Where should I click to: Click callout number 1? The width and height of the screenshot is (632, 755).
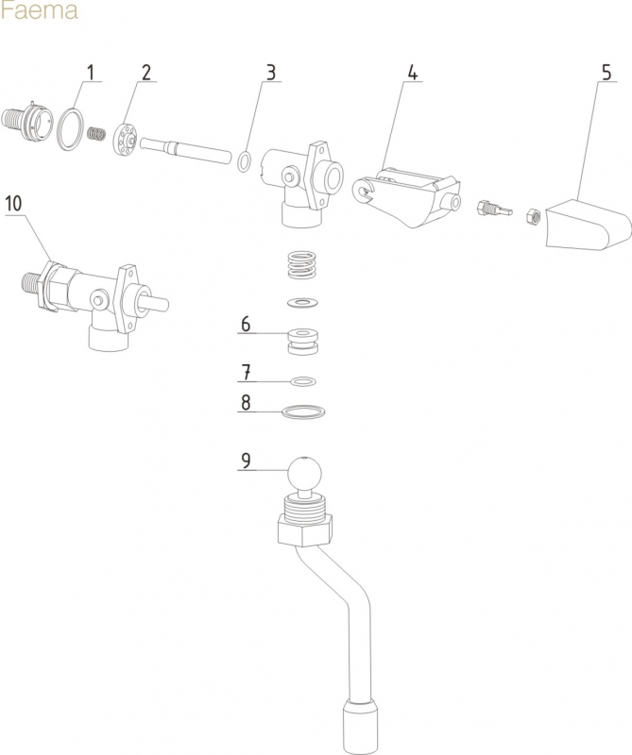(x=92, y=73)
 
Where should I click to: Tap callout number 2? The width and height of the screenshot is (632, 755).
(x=146, y=73)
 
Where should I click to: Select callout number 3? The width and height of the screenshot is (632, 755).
(x=271, y=73)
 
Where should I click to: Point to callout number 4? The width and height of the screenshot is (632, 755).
(x=413, y=73)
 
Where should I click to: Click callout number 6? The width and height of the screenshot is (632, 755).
(x=246, y=325)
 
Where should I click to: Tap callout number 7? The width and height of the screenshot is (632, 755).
(x=246, y=370)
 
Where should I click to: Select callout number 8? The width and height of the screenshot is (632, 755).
(x=246, y=402)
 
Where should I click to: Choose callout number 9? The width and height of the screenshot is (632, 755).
(x=246, y=461)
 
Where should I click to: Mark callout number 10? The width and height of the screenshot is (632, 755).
(x=13, y=203)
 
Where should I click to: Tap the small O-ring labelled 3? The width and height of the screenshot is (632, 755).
(x=244, y=161)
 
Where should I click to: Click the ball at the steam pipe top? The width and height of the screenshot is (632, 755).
(x=303, y=474)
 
